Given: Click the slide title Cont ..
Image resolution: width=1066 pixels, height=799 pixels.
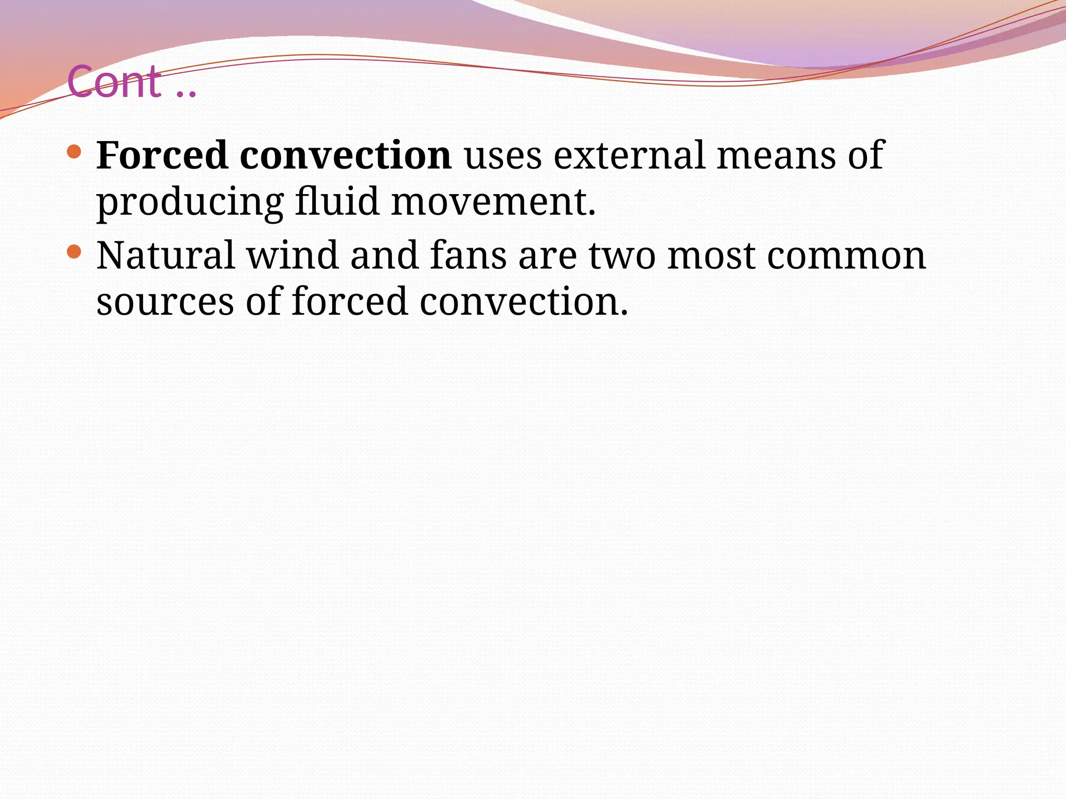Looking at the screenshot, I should (x=132, y=82).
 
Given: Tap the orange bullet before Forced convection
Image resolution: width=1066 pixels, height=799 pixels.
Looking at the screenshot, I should (x=74, y=152).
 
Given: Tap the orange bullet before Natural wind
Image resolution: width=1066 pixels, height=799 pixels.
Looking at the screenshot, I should (x=74, y=252).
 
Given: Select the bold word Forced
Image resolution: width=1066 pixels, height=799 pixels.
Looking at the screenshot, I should (x=162, y=155).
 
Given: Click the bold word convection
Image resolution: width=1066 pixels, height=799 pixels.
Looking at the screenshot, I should (x=346, y=155).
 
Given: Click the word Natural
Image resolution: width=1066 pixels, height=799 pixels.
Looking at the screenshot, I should (x=166, y=255).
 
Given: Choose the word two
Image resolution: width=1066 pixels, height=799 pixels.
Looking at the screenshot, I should (x=622, y=256).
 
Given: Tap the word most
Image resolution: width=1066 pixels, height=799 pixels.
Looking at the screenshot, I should (x=711, y=256).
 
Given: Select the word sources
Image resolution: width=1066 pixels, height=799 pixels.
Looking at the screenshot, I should (x=165, y=303).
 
